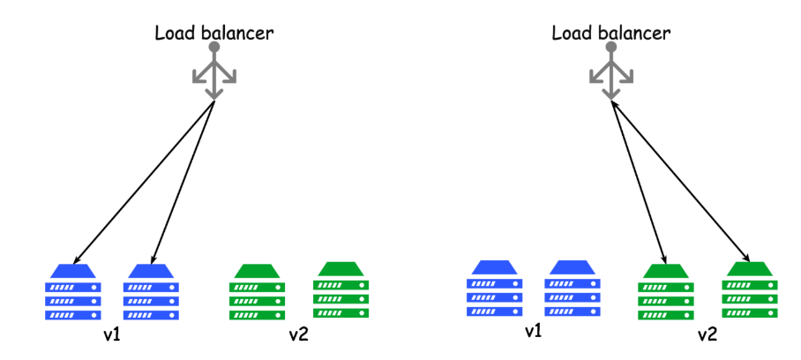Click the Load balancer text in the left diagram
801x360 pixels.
pyautogui.click(x=213, y=34)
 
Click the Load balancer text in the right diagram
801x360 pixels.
pyautogui.click(x=610, y=34)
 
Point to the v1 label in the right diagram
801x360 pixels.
pyautogui.click(x=533, y=332)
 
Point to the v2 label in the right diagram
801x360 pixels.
pyautogui.click(x=707, y=335)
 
